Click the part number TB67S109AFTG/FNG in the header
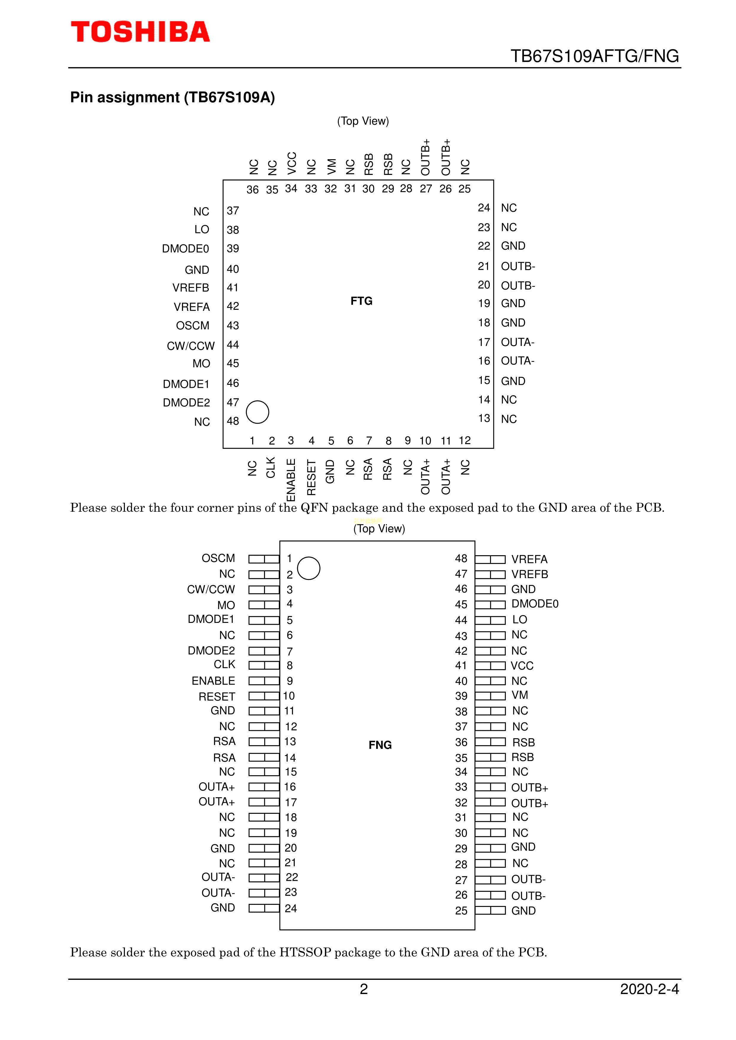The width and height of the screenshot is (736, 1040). (x=594, y=56)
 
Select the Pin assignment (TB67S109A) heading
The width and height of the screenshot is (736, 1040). (x=173, y=97)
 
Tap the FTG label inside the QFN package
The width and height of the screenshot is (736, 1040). (x=361, y=301)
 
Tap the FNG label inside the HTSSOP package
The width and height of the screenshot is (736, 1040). (x=380, y=745)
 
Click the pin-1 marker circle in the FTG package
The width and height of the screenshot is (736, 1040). (x=257, y=412)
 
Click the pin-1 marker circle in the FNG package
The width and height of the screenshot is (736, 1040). (x=309, y=568)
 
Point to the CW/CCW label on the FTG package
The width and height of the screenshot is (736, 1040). (x=191, y=346)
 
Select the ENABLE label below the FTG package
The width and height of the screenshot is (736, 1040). (x=291, y=480)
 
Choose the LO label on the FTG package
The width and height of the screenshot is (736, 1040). (x=202, y=230)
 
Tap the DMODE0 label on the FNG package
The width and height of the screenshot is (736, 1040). (x=535, y=604)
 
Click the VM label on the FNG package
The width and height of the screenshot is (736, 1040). (x=520, y=695)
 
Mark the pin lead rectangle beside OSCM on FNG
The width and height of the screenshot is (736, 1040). (x=264, y=559)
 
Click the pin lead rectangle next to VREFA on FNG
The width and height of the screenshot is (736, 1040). (x=490, y=559)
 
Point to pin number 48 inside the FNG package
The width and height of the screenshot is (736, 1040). (x=461, y=559)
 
